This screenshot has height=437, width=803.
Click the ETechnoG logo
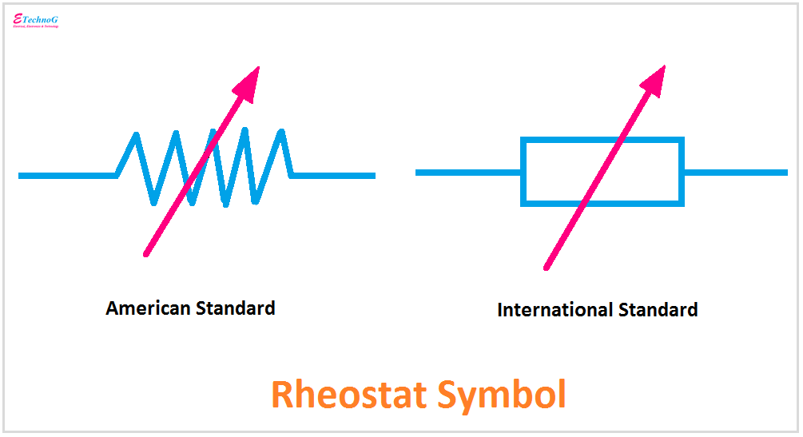[36, 21]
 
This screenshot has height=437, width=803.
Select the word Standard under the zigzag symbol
[237, 308]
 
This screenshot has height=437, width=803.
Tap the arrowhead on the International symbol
[654, 81]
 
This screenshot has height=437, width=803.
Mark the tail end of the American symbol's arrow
[147, 253]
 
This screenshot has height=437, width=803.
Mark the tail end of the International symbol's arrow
[547, 267]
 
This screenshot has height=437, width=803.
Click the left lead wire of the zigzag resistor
[68, 175]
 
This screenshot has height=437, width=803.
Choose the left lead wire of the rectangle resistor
[468, 173]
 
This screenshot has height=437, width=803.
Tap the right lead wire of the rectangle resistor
[735, 173]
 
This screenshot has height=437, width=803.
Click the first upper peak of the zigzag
[137, 134]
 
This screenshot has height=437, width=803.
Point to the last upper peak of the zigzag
[281, 133]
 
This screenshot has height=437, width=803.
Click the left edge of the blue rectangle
[523, 172]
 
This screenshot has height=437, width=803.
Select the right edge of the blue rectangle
[682, 172]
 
